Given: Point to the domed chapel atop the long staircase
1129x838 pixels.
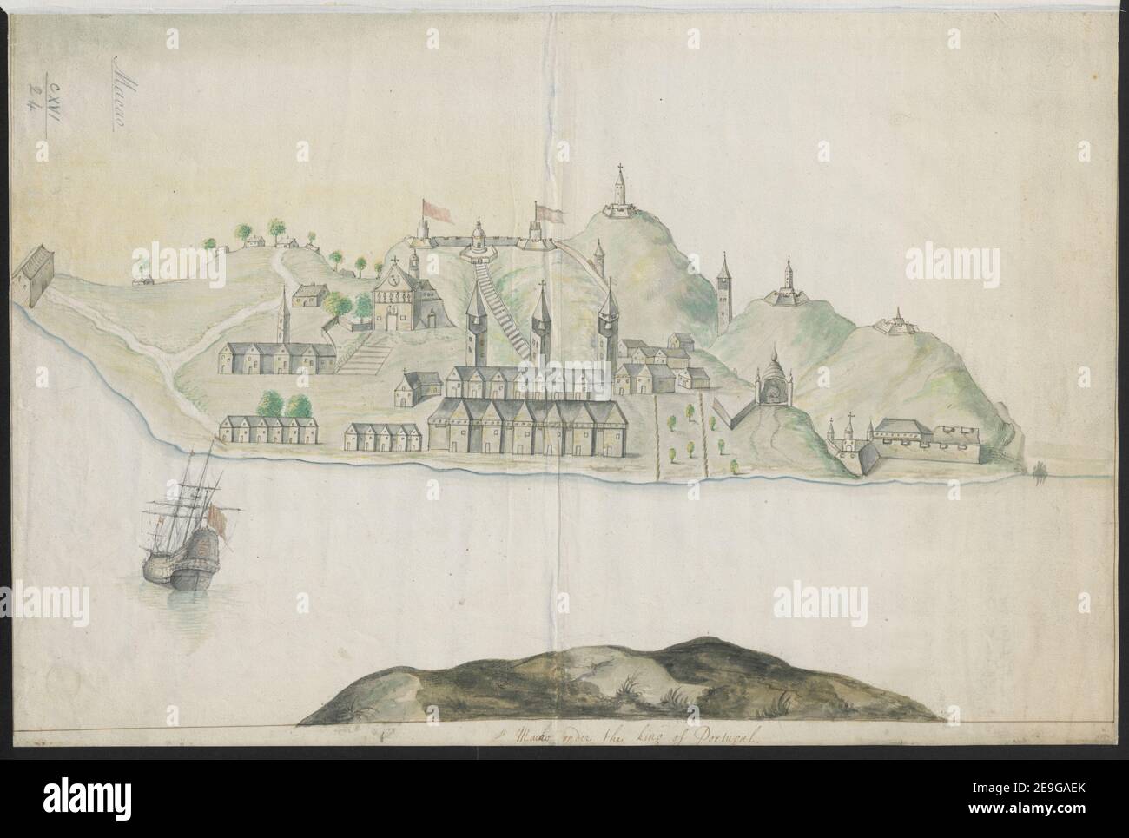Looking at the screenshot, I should tap(479, 238).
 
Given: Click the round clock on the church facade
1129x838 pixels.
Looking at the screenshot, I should tap(396, 281).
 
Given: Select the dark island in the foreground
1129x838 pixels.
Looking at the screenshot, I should tap(618, 683).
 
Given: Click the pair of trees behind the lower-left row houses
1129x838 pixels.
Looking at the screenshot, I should tap(286, 405).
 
